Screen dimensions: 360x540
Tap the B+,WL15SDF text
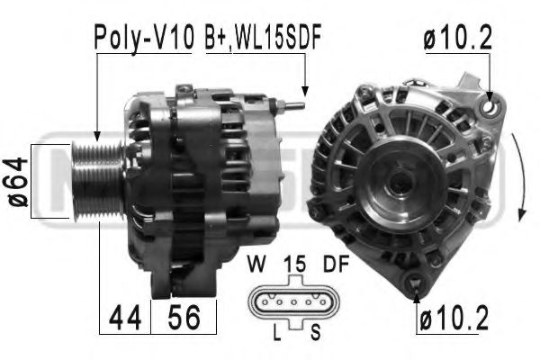tap(264, 37)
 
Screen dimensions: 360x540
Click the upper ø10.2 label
tap(459, 37)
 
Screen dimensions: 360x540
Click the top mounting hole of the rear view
tap(490, 107)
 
